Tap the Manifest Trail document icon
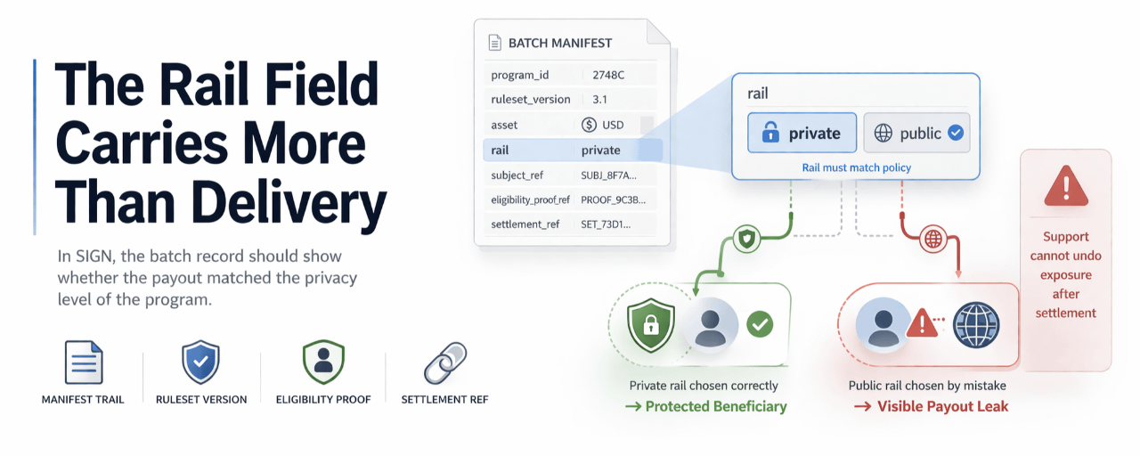pos(84,362)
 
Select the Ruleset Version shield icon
pos(200,362)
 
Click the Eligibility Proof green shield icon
pos(322,362)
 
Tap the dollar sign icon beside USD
pos(589,125)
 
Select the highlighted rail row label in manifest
pos(499,151)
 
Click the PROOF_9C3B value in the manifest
pos(613,200)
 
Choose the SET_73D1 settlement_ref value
pos(606,224)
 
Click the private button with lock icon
pos(802,134)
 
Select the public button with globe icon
pos(916,134)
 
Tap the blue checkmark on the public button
pos(956,133)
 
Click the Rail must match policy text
pos(856,167)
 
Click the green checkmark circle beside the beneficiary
pos(759,323)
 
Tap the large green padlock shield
pos(651,325)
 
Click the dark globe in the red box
pos(976,324)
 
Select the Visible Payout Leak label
pos(942,406)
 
